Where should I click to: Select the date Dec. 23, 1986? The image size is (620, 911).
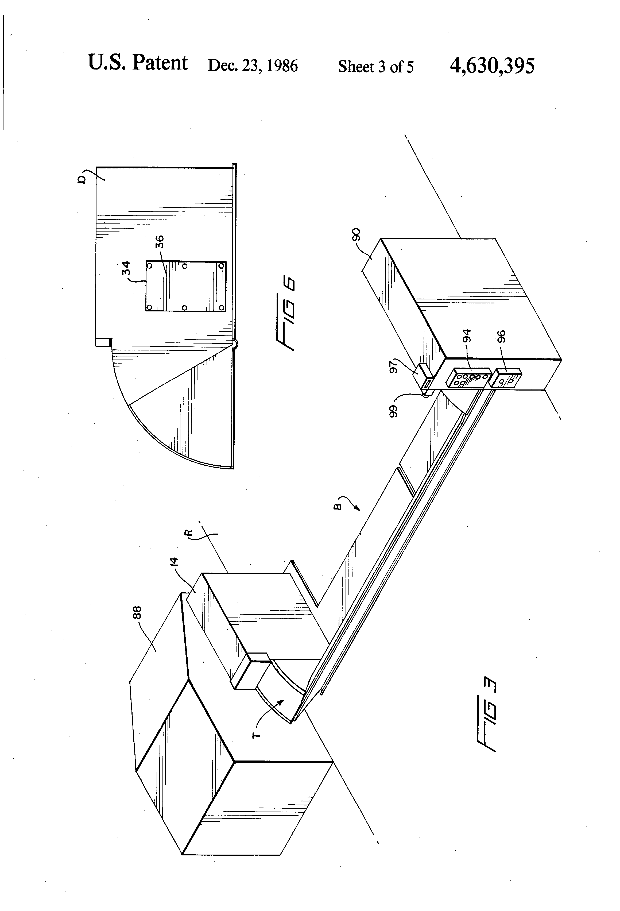pos(253,65)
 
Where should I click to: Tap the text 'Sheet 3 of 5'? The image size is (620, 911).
pos(375,67)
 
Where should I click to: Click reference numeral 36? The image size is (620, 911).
pos(159,242)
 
